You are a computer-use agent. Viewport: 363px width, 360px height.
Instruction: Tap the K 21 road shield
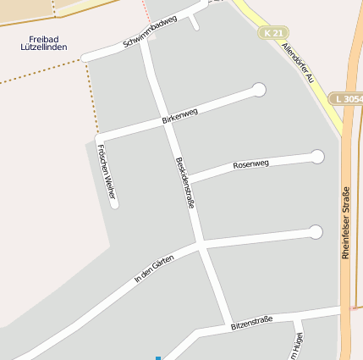271,32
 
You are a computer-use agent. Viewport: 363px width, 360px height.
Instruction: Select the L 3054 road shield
347,99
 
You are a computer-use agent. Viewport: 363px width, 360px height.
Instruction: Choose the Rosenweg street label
250,163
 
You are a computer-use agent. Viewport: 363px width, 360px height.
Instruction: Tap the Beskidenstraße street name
184,182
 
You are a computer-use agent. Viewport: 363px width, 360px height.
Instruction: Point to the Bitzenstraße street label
251,321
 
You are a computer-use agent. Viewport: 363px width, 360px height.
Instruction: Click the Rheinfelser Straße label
345,222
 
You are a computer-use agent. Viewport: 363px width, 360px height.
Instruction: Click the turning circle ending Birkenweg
259,90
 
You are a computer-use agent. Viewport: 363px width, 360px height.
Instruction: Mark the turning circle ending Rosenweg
317,156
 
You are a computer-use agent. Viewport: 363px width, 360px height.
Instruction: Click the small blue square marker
157,357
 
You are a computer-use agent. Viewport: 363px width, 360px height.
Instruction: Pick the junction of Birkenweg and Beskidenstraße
162,119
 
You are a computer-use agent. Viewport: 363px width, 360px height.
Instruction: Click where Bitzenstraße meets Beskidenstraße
229,324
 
